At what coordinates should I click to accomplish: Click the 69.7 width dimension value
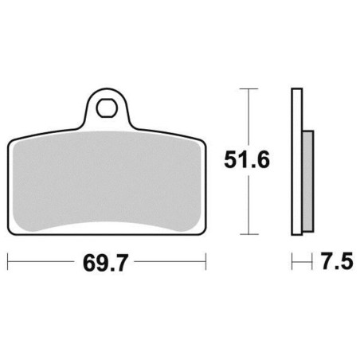click(x=105, y=263)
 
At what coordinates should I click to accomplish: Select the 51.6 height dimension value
click(x=247, y=159)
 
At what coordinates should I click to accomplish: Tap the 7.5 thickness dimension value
click(x=337, y=261)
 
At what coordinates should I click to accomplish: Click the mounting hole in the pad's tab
click(x=107, y=108)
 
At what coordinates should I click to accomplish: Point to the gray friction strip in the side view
click(x=308, y=182)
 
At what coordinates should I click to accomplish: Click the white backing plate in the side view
click(x=297, y=162)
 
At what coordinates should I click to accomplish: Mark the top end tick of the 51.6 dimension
click(x=248, y=88)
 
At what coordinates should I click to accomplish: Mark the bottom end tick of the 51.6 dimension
click(x=249, y=234)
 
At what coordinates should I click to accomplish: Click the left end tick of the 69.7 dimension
click(x=8, y=261)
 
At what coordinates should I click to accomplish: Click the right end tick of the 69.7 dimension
click(x=205, y=261)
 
